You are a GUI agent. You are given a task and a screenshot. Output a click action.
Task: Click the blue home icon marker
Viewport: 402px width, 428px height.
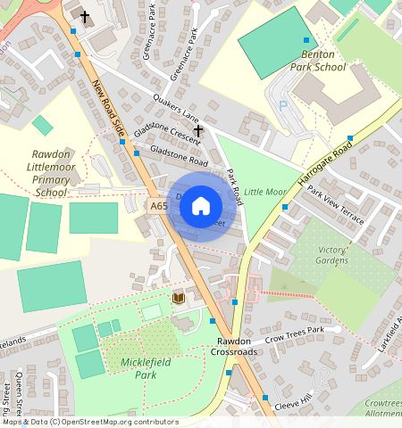(201, 206)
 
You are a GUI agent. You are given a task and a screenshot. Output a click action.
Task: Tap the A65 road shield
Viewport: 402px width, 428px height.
(159, 206)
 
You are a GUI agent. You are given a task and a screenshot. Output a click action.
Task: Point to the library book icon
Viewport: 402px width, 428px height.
(178, 298)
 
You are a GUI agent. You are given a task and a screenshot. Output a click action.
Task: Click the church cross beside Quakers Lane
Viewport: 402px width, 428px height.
(198, 131)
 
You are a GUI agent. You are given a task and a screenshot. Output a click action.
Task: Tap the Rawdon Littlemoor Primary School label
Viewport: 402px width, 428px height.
(50, 173)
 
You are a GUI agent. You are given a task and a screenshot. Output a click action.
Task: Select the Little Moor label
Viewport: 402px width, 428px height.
(265, 192)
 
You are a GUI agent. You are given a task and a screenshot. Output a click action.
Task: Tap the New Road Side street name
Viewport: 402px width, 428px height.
(107, 109)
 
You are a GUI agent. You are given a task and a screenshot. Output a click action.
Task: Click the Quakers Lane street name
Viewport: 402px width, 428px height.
(175, 107)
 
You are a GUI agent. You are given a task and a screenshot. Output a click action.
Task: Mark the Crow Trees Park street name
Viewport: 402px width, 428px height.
(306, 333)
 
